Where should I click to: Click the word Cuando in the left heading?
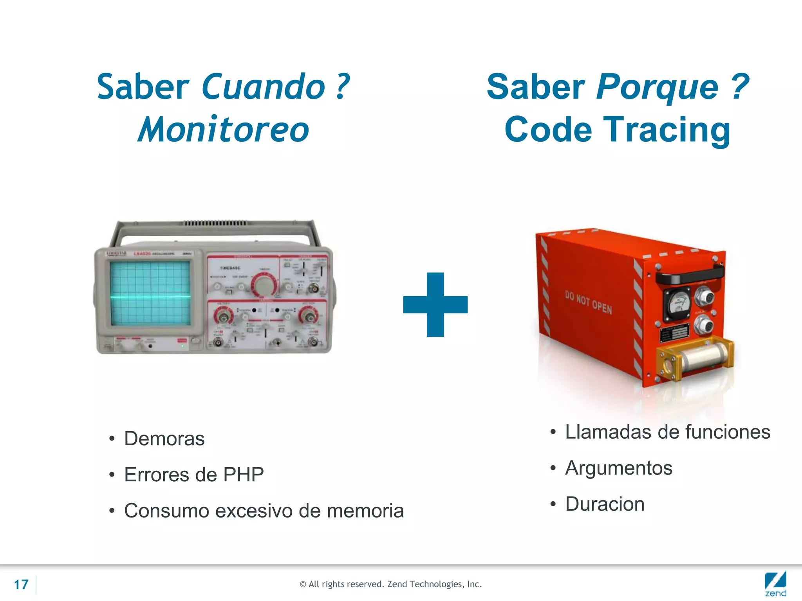click(x=263, y=87)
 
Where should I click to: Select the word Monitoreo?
click(x=224, y=130)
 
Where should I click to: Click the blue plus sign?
click(x=435, y=304)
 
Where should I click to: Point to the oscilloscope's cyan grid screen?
click(x=150, y=293)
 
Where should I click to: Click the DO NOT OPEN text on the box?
click(x=588, y=302)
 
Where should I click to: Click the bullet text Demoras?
click(x=164, y=439)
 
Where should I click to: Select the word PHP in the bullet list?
click(x=243, y=475)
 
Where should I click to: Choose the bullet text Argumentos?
click(x=618, y=468)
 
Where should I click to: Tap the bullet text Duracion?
click(x=605, y=504)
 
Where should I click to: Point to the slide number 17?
click(x=21, y=585)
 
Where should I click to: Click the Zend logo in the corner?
click(x=775, y=584)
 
